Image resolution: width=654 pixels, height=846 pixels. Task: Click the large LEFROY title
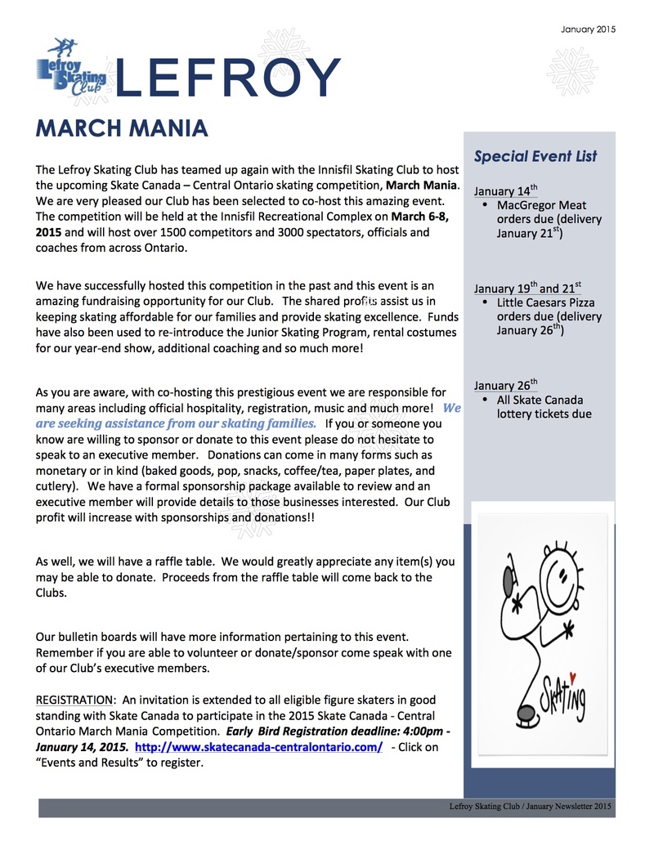pos(228,78)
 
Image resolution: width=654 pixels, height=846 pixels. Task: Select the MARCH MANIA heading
pos(122,128)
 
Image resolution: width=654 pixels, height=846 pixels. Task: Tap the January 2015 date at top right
pos(588,29)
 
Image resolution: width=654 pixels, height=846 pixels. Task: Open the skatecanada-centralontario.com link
pos(258,747)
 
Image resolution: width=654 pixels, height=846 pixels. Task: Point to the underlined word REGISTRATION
pos(74,700)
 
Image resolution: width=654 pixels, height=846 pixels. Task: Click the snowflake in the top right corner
pos(572,71)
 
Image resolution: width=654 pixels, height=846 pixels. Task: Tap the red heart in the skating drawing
pos(573,678)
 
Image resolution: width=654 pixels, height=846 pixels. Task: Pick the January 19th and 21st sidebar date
pos(527,289)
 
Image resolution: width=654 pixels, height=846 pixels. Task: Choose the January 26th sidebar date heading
pos(505,386)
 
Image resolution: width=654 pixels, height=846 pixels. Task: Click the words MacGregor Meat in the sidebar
pos(541,205)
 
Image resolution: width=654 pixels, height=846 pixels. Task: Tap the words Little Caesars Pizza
pos(545,302)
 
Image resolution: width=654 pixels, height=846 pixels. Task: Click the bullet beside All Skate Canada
pos(486,400)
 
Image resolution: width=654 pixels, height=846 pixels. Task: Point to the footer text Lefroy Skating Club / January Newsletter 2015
pos(531,807)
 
